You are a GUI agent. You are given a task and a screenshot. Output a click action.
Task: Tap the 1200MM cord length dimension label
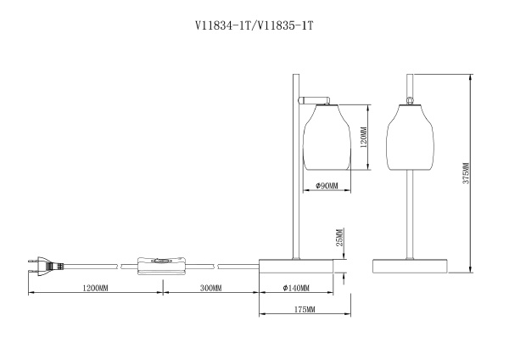(x=94, y=288)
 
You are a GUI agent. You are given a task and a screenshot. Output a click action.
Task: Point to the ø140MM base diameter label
(x=294, y=288)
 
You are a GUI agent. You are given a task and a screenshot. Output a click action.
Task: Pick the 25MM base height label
(x=338, y=241)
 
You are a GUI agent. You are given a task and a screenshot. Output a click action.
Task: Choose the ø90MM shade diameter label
(x=327, y=186)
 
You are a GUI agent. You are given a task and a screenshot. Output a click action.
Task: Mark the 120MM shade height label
(x=361, y=137)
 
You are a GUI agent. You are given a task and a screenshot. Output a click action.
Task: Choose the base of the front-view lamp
(x=410, y=265)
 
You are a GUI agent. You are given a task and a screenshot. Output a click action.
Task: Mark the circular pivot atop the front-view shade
(x=410, y=101)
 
